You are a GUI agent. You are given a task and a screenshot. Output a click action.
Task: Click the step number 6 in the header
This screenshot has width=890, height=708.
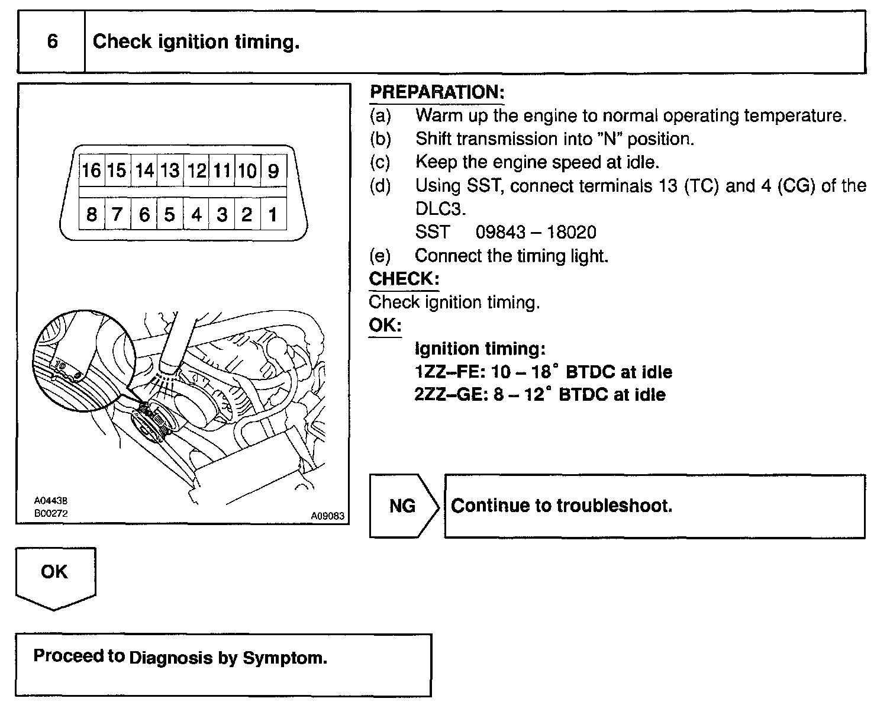tap(52, 41)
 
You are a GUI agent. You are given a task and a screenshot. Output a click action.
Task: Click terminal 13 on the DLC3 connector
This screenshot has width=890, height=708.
tap(169, 171)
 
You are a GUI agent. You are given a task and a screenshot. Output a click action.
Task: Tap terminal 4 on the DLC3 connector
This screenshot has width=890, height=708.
tap(196, 214)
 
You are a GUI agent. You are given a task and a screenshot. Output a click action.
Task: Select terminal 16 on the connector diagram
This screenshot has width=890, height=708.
tap(91, 171)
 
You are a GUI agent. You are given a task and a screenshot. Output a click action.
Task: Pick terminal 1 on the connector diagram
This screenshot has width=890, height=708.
tap(273, 214)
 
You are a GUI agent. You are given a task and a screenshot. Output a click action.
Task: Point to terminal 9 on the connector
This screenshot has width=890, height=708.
tap(273, 171)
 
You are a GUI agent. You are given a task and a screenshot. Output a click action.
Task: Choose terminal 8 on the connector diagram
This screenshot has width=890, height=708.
tap(91, 214)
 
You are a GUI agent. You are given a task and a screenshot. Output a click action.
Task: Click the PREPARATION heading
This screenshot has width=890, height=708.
tap(437, 92)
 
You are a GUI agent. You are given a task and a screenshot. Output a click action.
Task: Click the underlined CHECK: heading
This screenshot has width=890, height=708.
tap(404, 279)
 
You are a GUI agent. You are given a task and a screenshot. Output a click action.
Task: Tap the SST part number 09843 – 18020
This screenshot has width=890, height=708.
tap(536, 232)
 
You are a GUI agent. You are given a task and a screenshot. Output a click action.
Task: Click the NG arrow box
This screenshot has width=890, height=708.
tap(403, 506)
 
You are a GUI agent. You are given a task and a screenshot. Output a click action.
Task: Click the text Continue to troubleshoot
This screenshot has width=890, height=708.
tap(562, 506)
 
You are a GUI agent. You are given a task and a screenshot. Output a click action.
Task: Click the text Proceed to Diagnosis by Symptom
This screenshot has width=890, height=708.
tap(180, 657)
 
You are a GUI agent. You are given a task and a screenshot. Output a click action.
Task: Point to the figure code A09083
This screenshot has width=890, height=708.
tap(327, 516)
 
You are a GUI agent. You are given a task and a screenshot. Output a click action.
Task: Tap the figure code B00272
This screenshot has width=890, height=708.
tap(51, 514)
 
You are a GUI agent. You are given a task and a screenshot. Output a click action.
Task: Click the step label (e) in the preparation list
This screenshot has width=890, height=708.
tap(380, 256)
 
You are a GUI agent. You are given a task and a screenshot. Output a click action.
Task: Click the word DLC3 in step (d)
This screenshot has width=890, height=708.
tap(440, 209)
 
